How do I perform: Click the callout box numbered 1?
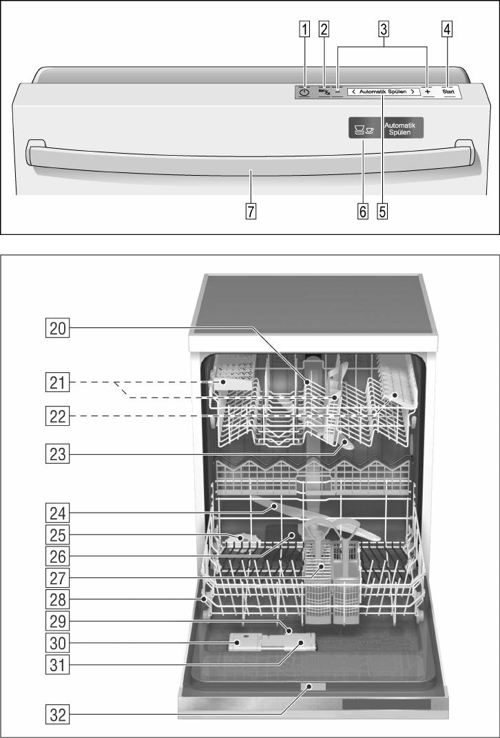304,30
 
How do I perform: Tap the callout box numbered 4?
448,30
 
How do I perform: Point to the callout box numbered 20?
59,329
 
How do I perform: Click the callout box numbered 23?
59,453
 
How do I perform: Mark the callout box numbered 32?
59,715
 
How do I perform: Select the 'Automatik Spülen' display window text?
382,91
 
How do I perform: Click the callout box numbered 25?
59,533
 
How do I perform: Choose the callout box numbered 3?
384,30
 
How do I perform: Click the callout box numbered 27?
59,577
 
